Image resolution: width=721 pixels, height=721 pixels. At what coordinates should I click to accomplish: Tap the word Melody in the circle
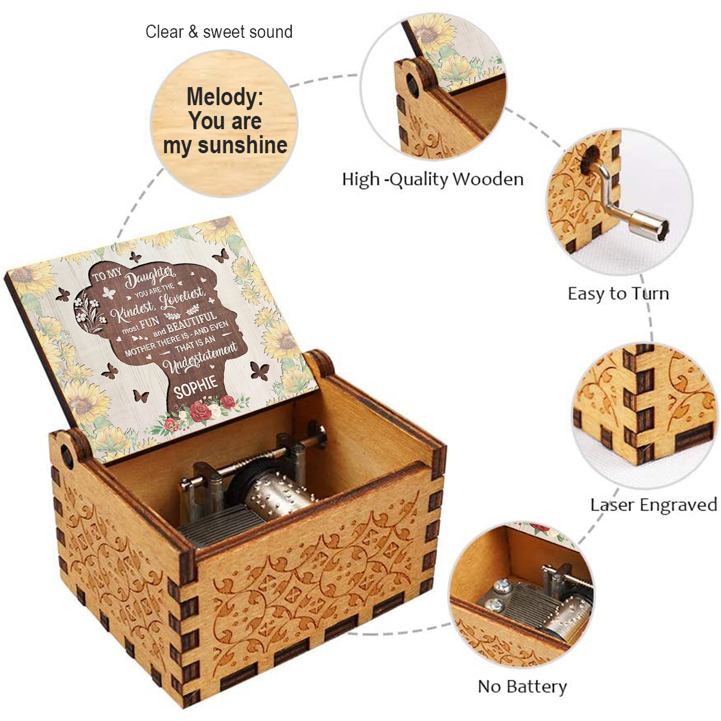pos(225,97)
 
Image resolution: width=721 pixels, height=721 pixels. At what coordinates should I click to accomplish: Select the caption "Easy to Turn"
pos(618,293)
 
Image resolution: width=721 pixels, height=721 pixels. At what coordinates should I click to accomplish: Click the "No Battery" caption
pos(522,686)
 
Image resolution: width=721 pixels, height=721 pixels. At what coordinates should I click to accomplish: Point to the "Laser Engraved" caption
pos(653,505)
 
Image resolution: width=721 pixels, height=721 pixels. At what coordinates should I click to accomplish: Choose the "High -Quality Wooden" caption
pos(432,179)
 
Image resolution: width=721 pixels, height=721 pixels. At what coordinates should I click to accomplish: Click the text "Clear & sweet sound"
pos(219,32)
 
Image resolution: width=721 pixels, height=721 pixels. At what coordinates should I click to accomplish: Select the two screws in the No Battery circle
pos(499,594)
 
